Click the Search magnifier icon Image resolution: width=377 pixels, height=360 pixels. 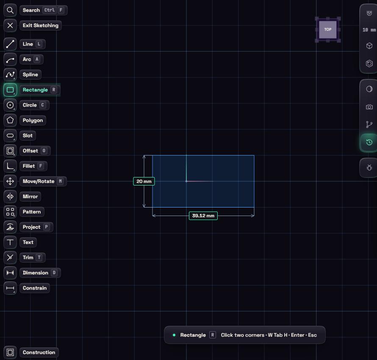[x=10, y=10]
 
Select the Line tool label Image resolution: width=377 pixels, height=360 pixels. [x=28, y=44]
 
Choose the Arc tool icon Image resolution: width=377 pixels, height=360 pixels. [x=10, y=59]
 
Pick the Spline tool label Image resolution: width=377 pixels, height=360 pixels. [x=30, y=75]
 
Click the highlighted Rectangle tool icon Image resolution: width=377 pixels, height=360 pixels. [x=10, y=90]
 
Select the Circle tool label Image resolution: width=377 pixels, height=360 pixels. [x=30, y=105]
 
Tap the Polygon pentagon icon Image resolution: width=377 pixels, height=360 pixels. [x=10, y=120]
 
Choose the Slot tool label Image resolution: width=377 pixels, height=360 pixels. [x=28, y=136]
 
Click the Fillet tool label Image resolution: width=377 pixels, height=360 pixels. [x=29, y=166]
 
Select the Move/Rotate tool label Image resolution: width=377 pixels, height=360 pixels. [x=39, y=181]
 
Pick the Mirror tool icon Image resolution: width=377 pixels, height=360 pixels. [x=10, y=197]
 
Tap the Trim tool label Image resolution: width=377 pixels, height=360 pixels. [x=28, y=258]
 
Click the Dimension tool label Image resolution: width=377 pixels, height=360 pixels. [x=35, y=273]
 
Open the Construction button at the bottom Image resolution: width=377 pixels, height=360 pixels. [x=39, y=352]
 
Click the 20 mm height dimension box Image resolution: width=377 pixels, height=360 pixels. [x=144, y=181]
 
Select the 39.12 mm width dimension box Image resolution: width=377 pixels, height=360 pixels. [x=203, y=216]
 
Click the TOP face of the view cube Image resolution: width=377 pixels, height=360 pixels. [x=328, y=30]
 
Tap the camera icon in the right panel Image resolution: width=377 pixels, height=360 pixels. [x=369, y=107]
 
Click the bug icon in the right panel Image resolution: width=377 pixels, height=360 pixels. [x=369, y=167]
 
